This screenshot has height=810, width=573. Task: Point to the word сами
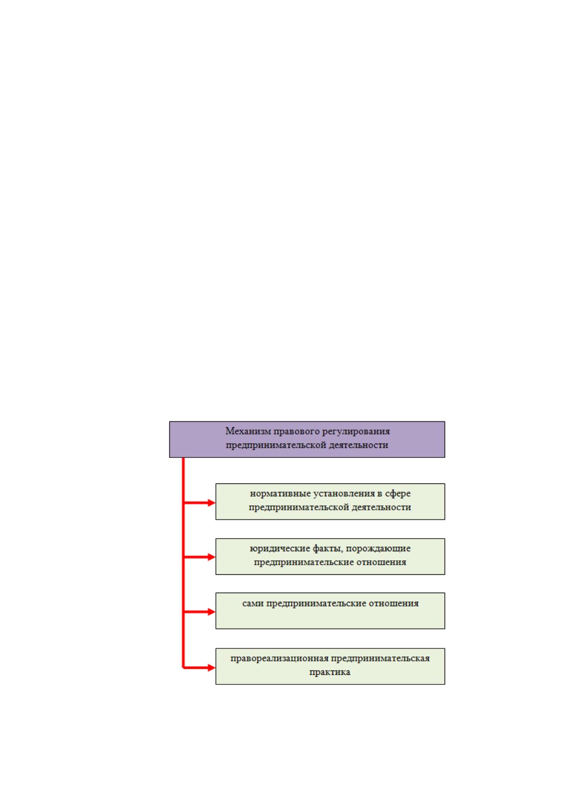[x=253, y=603]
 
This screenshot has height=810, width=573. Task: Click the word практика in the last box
[x=330, y=672]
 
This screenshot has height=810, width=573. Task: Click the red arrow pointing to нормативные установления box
[x=199, y=503]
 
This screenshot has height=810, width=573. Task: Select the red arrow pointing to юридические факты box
[x=199, y=557]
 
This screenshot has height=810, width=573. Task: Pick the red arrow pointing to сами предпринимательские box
[x=199, y=612]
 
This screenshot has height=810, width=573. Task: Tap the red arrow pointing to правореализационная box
[x=199, y=668]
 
